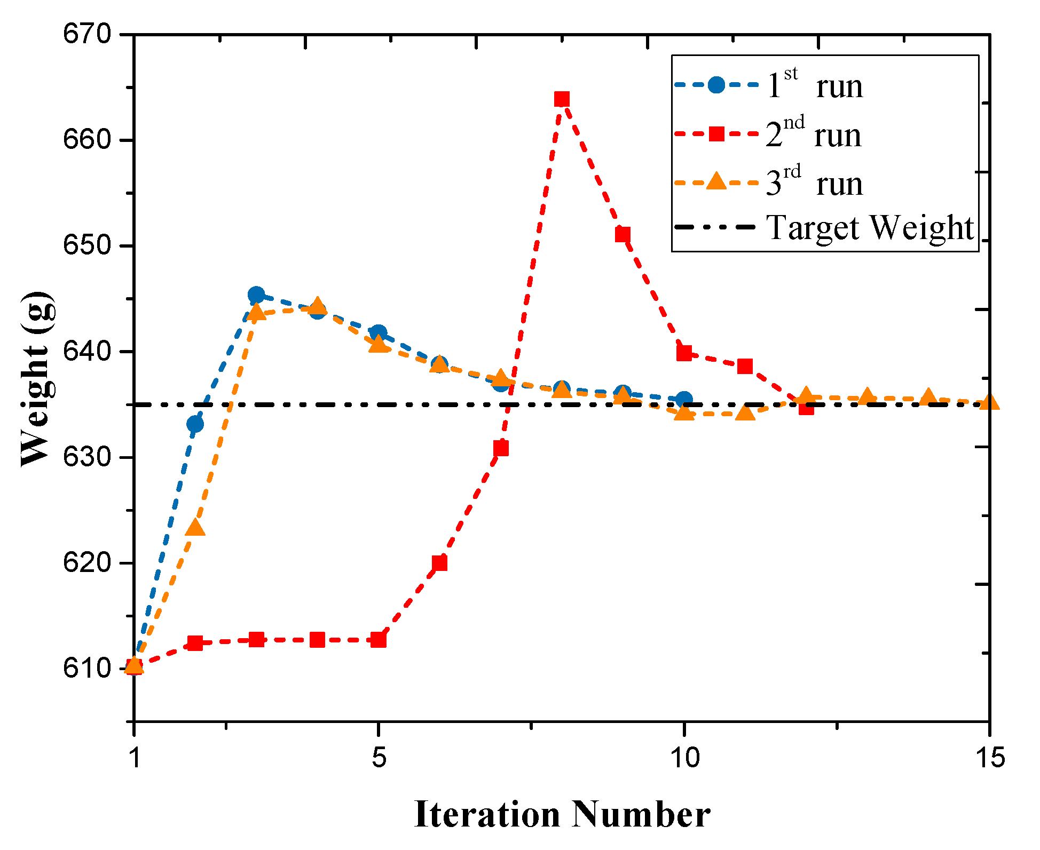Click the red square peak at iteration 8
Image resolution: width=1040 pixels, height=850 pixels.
click(561, 99)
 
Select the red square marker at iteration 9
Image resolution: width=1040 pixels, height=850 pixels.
click(623, 235)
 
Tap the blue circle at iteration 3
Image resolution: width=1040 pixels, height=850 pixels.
click(256, 295)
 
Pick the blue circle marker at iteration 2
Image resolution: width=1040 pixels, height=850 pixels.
click(195, 424)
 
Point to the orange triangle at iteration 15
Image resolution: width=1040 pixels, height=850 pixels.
click(989, 402)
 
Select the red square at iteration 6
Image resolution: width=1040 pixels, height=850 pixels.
click(439, 563)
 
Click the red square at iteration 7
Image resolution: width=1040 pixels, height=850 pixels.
click(501, 448)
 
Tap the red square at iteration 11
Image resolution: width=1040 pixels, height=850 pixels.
click(745, 367)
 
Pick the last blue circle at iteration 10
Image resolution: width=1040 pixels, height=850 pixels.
click(684, 400)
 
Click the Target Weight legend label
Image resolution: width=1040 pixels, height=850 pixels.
click(870, 228)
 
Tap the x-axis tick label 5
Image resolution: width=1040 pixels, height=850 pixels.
click(379, 757)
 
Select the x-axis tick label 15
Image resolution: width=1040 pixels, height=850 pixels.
click(990, 757)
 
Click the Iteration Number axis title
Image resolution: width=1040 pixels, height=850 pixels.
click(562, 815)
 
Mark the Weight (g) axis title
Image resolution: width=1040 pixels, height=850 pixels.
click(37, 379)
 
